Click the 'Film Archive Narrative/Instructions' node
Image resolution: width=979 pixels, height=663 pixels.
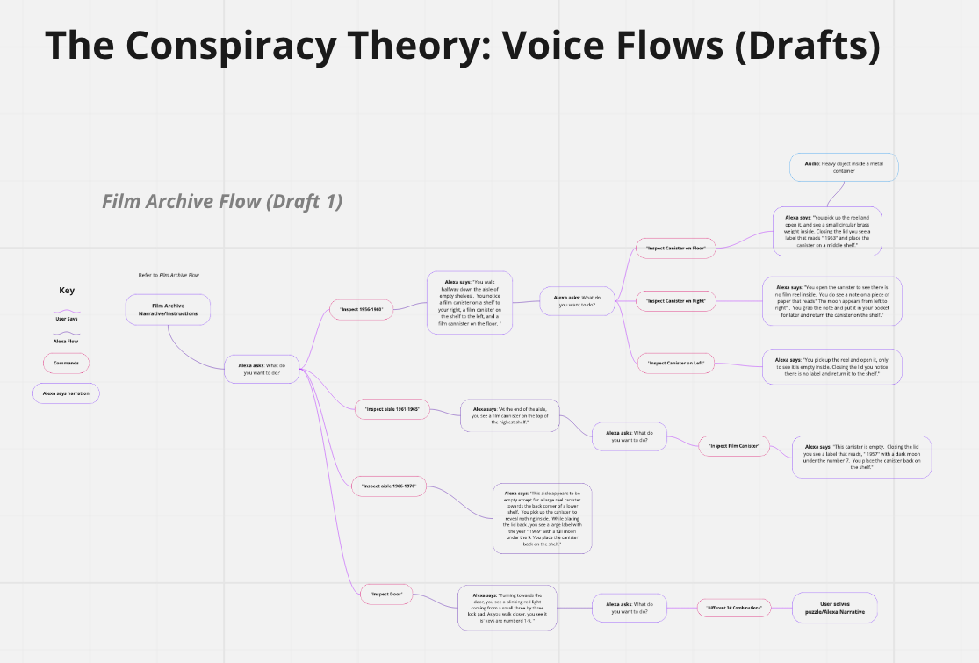[168, 309]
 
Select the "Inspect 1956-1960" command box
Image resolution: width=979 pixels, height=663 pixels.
[362, 308]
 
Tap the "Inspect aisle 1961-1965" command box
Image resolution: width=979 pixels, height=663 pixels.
[392, 409]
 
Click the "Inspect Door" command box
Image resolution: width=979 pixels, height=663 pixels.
[386, 594]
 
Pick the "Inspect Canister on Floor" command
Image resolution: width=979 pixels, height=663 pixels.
[676, 249]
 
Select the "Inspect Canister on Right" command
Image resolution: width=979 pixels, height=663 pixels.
[676, 301]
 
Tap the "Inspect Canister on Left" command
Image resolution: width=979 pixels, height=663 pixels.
[676, 363]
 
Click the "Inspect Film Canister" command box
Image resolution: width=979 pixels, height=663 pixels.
[734, 446]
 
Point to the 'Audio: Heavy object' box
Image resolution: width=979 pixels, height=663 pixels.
[844, 167]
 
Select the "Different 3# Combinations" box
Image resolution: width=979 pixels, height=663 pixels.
[734, 608]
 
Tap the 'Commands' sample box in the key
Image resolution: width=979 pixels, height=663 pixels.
[67, 362]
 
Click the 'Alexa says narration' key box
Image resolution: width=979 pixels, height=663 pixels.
[67, 393]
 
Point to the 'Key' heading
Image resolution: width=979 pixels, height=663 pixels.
[67, 291]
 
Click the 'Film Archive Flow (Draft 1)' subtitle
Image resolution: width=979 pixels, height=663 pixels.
[222, 201]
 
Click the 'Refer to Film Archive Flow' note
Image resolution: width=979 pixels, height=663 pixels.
[169, 275]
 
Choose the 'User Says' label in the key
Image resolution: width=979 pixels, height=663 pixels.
[67, 319]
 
